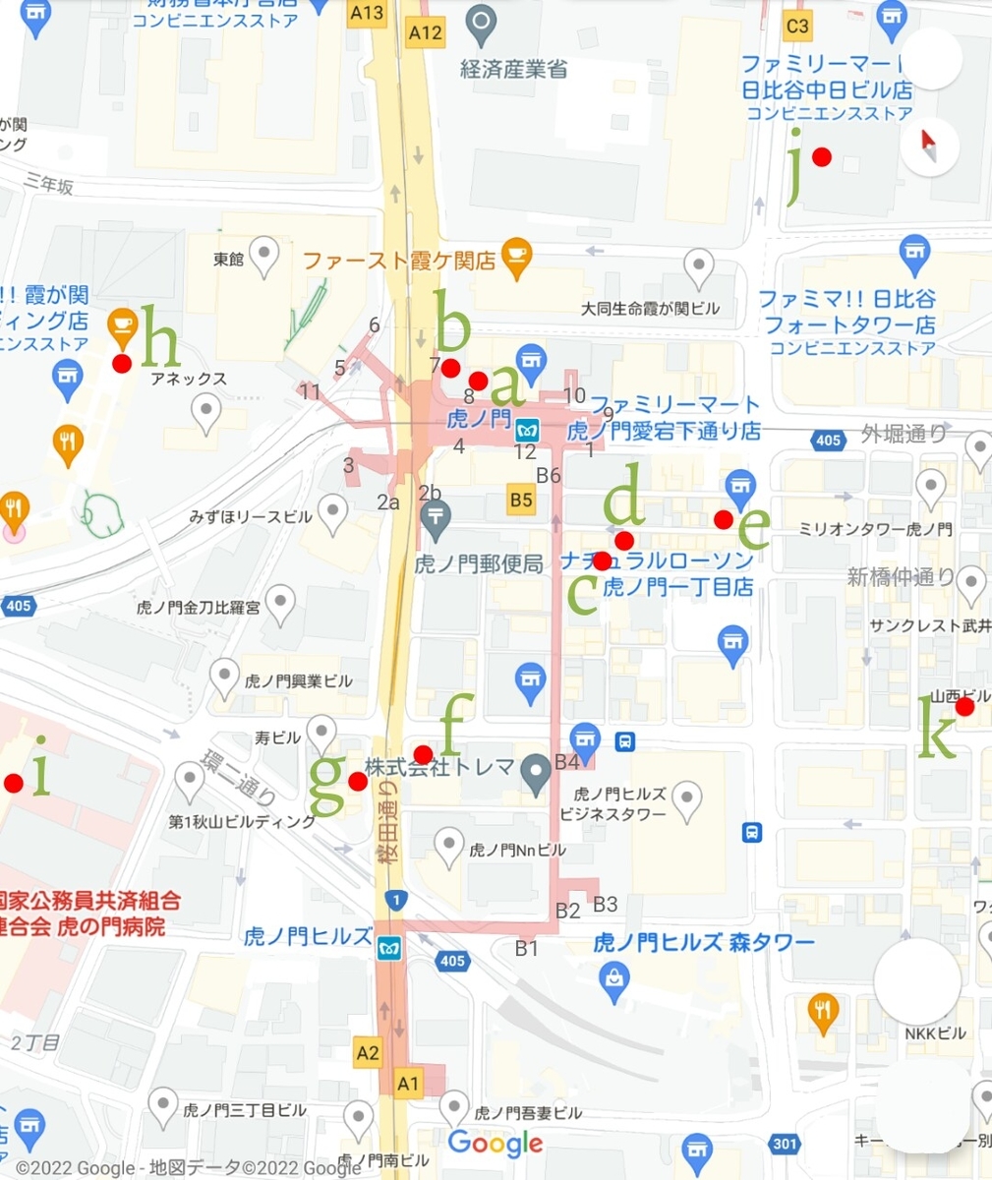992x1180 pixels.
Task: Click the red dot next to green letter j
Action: pos(822,156)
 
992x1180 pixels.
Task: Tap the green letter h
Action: pos(160,335)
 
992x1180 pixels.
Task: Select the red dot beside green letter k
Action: pos(964,706)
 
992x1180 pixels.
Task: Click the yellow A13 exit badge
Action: pos(368,13)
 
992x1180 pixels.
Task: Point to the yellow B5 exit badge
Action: pos(521,500)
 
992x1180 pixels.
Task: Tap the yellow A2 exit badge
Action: pos(368,1053)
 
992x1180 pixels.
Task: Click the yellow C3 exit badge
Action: pos(797,25)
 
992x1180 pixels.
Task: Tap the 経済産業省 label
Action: pos(514,70)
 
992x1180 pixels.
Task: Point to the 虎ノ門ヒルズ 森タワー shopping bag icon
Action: pos(614,978)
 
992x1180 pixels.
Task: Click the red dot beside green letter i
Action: pos(14,783)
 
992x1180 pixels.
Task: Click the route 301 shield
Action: pos(785,1143)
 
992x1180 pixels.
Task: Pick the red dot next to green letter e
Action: pos(724,518)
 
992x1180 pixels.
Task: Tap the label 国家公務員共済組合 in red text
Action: pos(90,900)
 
